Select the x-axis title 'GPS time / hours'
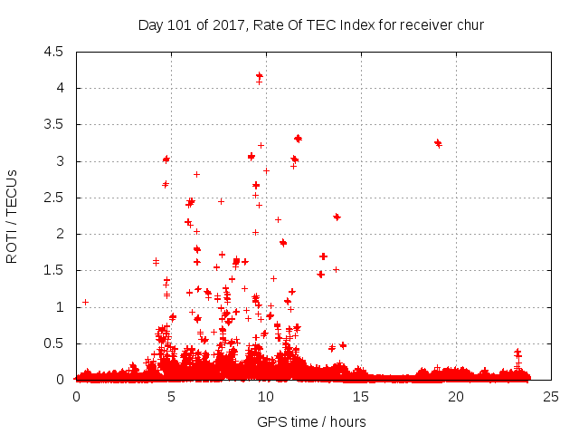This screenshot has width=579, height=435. point(311,421)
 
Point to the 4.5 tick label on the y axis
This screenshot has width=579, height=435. point(52,52)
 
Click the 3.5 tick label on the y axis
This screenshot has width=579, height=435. point(52,125)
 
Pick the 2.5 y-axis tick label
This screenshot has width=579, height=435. point(52,198)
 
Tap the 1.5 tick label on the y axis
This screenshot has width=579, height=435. point(52,271)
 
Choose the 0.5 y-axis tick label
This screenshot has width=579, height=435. point(52,343)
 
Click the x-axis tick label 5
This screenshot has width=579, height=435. point(171,396)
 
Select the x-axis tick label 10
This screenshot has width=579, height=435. point(266,396)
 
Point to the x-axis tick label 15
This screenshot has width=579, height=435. point(361,396)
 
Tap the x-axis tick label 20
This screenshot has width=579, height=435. point(456,396)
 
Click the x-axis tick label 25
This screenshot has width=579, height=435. point(551,396)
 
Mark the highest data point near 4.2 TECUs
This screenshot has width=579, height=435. point(260,76)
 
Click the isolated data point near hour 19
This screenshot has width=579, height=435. point(438,142)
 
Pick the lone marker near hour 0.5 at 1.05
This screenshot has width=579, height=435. point(85,302)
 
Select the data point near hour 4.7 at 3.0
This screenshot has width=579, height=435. point(166,159)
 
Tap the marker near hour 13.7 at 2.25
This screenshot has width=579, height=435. point(337,217)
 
